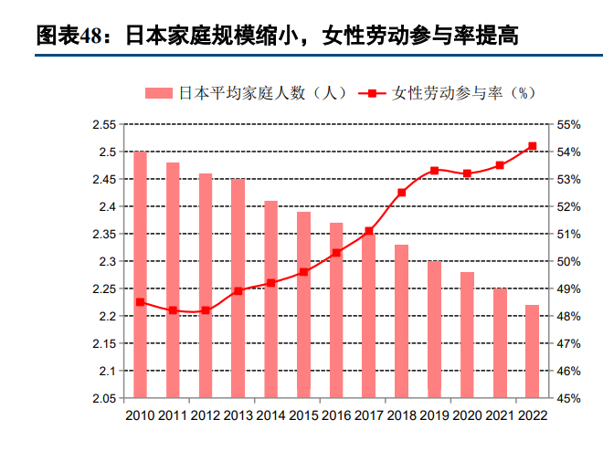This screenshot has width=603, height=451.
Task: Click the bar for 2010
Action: click(141, 274)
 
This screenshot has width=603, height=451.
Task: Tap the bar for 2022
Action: click(532, 351)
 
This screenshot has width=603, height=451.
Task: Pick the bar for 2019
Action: click(434, 330)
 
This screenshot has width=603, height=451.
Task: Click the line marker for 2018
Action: click(402, 193)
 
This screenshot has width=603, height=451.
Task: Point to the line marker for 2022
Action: click(533, 146)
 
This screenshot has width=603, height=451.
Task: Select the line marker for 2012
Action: click(206, 310)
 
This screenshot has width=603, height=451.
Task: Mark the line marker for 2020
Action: click(467, 173)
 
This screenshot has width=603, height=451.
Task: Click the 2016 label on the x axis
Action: click(336, 415)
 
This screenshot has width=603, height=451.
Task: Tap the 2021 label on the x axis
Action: click(500, 415)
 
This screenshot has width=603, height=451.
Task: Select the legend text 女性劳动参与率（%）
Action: click(462, 92)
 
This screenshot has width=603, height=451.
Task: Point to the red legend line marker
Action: click(373, 92)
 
